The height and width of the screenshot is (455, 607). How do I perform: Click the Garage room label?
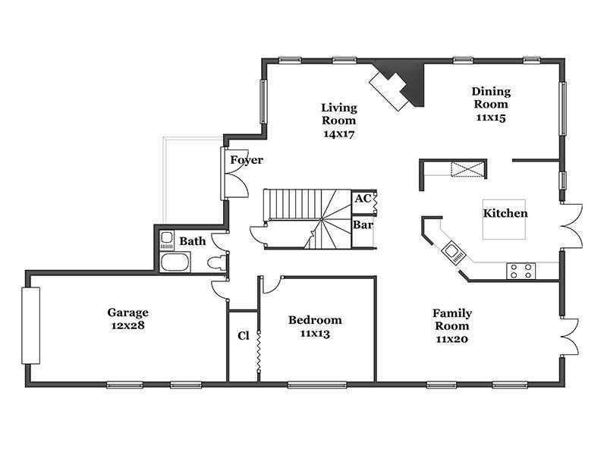coord(127,312)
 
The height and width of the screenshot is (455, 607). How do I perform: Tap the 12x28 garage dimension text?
coord(127,325)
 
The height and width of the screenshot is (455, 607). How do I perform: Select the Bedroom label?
coord(315,320)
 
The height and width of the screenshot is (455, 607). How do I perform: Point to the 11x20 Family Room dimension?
coord(452,339)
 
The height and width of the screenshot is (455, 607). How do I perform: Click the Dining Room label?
coord(491,98)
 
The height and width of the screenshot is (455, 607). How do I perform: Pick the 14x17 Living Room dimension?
coord(339,134)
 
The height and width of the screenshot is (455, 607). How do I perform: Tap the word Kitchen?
coord(505,213)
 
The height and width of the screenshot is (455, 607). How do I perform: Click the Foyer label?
coord(247,160)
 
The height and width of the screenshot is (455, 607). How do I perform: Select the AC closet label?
coord(363,199)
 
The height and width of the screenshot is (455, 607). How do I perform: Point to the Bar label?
coord(363,224)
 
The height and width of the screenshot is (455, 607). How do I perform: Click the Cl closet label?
coord(243,335)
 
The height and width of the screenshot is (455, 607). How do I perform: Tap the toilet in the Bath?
coord(216,263)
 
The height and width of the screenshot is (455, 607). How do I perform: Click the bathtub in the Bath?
coord(175,262)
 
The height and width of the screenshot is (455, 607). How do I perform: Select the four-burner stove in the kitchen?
coord(521,271)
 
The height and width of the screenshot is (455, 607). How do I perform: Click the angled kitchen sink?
coord(454,253)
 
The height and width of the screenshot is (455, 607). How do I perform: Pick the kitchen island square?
coord(504,219)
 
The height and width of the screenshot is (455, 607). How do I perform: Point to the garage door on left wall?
coord(30,325)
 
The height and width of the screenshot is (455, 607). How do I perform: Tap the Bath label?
coord(193,241)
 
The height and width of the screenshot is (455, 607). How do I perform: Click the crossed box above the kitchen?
coord(467,169)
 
